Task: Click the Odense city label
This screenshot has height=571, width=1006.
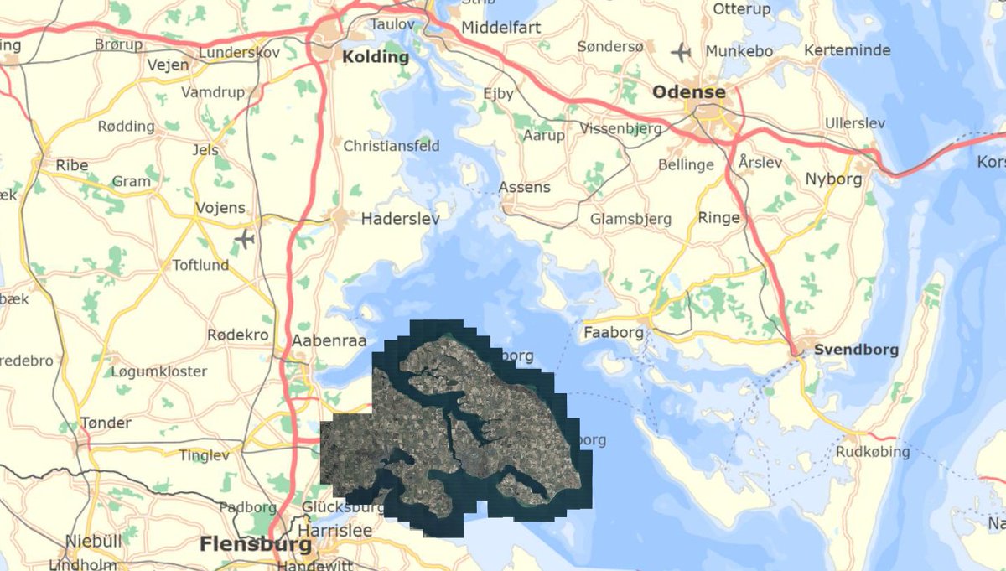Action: tap(689, 91)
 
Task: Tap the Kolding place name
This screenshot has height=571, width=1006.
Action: tap(376, 58)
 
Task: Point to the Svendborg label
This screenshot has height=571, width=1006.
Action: tap(855, 350)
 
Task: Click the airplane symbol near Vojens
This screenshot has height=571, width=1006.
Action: tap(244, 240)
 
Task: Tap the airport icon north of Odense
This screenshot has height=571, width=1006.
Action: tap(681, 53)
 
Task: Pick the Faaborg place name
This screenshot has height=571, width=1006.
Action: tap(614, 332)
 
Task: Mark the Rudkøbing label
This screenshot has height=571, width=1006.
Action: tap(872, 452)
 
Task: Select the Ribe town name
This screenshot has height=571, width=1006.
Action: tap(72, 165)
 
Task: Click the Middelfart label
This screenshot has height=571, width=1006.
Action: tap(501, 27)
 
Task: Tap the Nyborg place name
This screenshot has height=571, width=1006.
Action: tap(827, 179)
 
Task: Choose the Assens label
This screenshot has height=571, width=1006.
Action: tap(525, 187)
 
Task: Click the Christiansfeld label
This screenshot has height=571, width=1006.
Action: tap(392, 146)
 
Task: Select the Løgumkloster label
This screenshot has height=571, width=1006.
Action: tap(159, 371)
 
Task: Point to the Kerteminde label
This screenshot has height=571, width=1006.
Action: tap(847, 50)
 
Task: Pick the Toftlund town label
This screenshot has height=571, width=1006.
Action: tap(200, 265)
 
